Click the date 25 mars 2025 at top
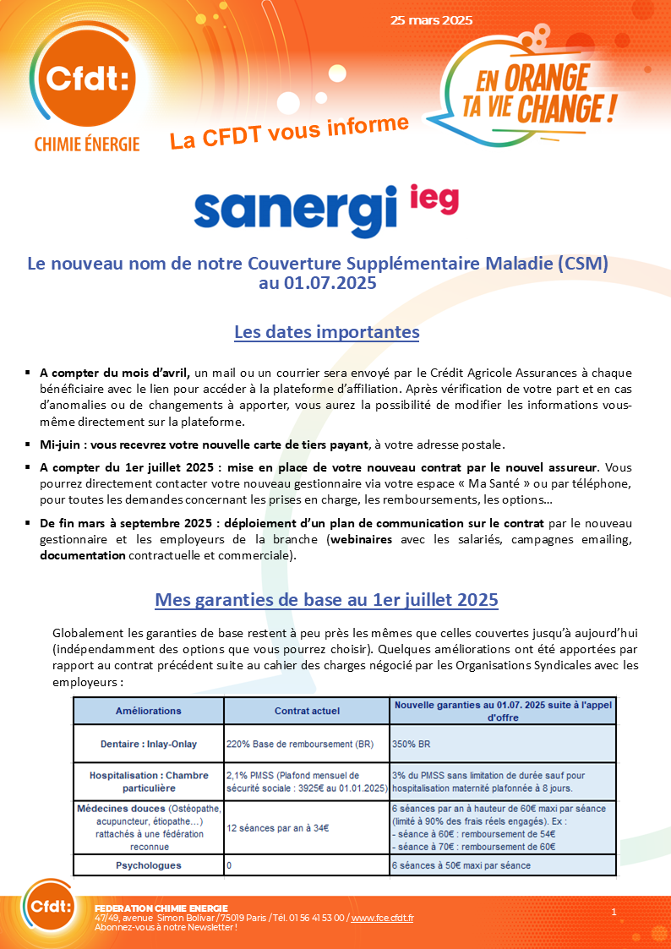click(x=431, y=20)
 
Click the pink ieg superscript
click(x=434, y=198)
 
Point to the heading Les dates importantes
click(x=326, y=332)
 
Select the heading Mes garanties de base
click(x=326, y=600)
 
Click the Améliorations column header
click(x=148, y=711)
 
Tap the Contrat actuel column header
click(x=307, y=711)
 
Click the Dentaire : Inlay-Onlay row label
click(x=148, y=744)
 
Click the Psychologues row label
click(x=148, y=865)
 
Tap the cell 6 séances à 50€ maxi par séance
click(x=461, y=865)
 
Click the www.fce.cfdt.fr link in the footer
click(x=382, y=918)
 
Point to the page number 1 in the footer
click(x=614, y=912)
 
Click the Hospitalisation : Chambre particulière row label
click(x=148, y=782)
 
